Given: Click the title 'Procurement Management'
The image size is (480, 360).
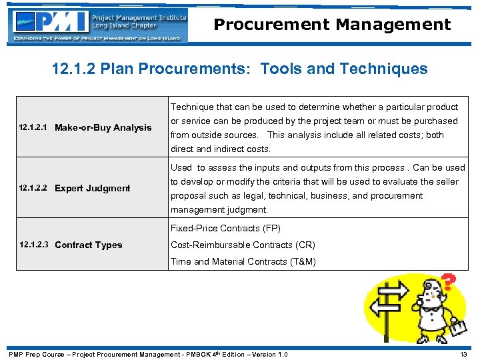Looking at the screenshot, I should pos(332,25).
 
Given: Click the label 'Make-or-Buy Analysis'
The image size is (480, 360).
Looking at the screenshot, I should pos(103,127).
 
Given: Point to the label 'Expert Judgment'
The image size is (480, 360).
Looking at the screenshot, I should pos(93,188).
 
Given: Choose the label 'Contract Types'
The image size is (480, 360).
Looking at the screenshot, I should pos(89,245).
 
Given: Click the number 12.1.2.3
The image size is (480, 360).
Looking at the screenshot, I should pos(33,245).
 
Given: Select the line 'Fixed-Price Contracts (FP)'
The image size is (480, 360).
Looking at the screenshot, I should pos(225,228).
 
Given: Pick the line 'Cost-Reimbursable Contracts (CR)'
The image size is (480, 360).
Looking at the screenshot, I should pos(243,245).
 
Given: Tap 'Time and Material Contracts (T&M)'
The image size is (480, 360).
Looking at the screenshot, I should pos(243,261).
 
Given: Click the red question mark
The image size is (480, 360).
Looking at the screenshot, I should pos(449,282).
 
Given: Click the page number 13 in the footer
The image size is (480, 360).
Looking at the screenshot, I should pos(463,354).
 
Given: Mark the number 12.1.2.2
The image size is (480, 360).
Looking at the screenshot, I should pos(33,188).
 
